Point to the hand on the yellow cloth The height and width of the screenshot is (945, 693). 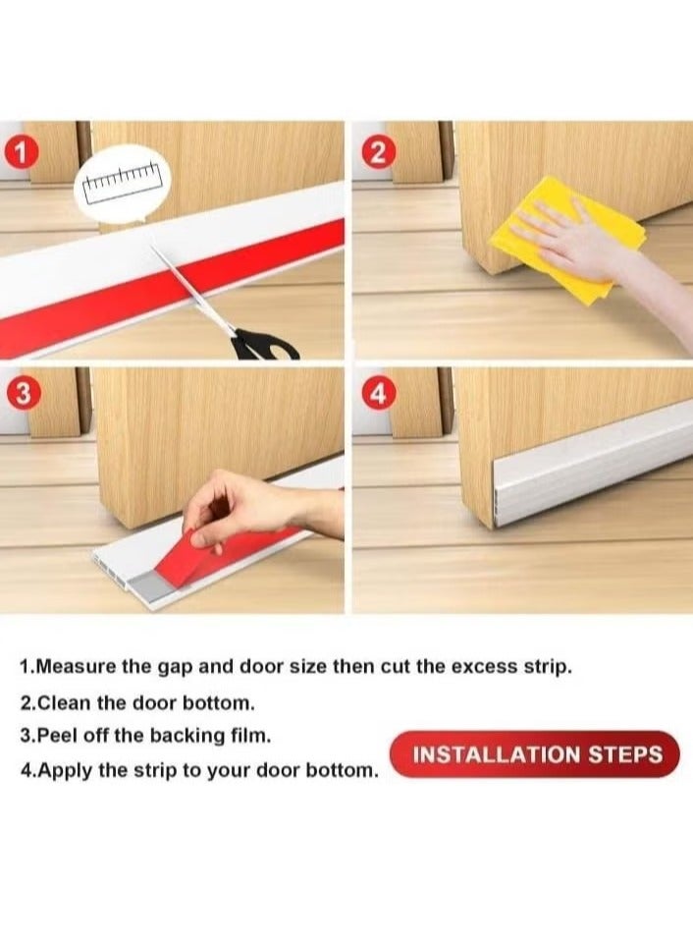569,241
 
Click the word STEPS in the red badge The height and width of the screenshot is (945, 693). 625,755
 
